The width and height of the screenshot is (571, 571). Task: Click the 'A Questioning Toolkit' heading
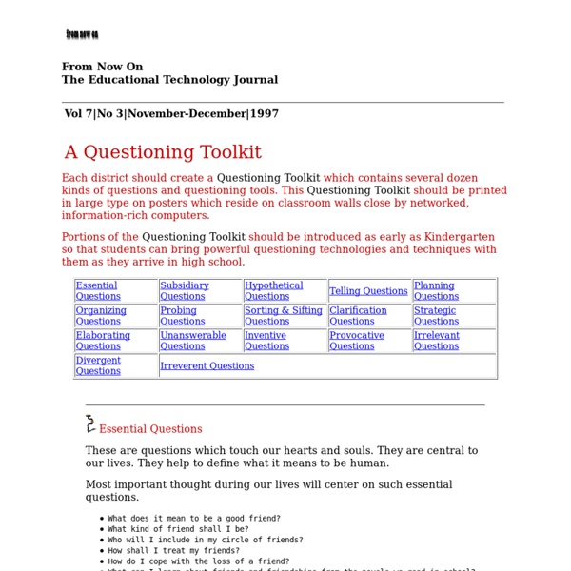point(163,152)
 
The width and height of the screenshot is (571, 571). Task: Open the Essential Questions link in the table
point(97,290)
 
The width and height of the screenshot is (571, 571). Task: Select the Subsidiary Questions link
point(184,290)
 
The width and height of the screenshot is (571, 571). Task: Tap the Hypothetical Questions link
point(273,290)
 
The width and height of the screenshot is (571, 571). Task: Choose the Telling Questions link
point(368,291)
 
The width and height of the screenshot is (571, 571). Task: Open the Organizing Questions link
point(101,316)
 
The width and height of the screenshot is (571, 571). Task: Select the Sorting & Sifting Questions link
point(283,316)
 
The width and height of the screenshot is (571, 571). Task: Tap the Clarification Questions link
point(358,316)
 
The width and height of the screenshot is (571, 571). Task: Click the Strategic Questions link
point(436,316)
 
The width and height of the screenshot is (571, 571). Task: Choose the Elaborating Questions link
point(103,341)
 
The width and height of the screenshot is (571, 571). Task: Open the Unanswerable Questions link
point(193,341)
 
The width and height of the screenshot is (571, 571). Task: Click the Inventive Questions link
point(266,341)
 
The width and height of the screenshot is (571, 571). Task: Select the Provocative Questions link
point(357,341)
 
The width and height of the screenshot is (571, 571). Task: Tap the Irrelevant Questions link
point(436,341)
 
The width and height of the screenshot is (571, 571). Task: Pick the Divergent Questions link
point(98,365)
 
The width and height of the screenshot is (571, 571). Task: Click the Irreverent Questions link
point(207,365)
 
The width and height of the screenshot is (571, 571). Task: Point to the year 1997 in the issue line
point(266,114)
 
